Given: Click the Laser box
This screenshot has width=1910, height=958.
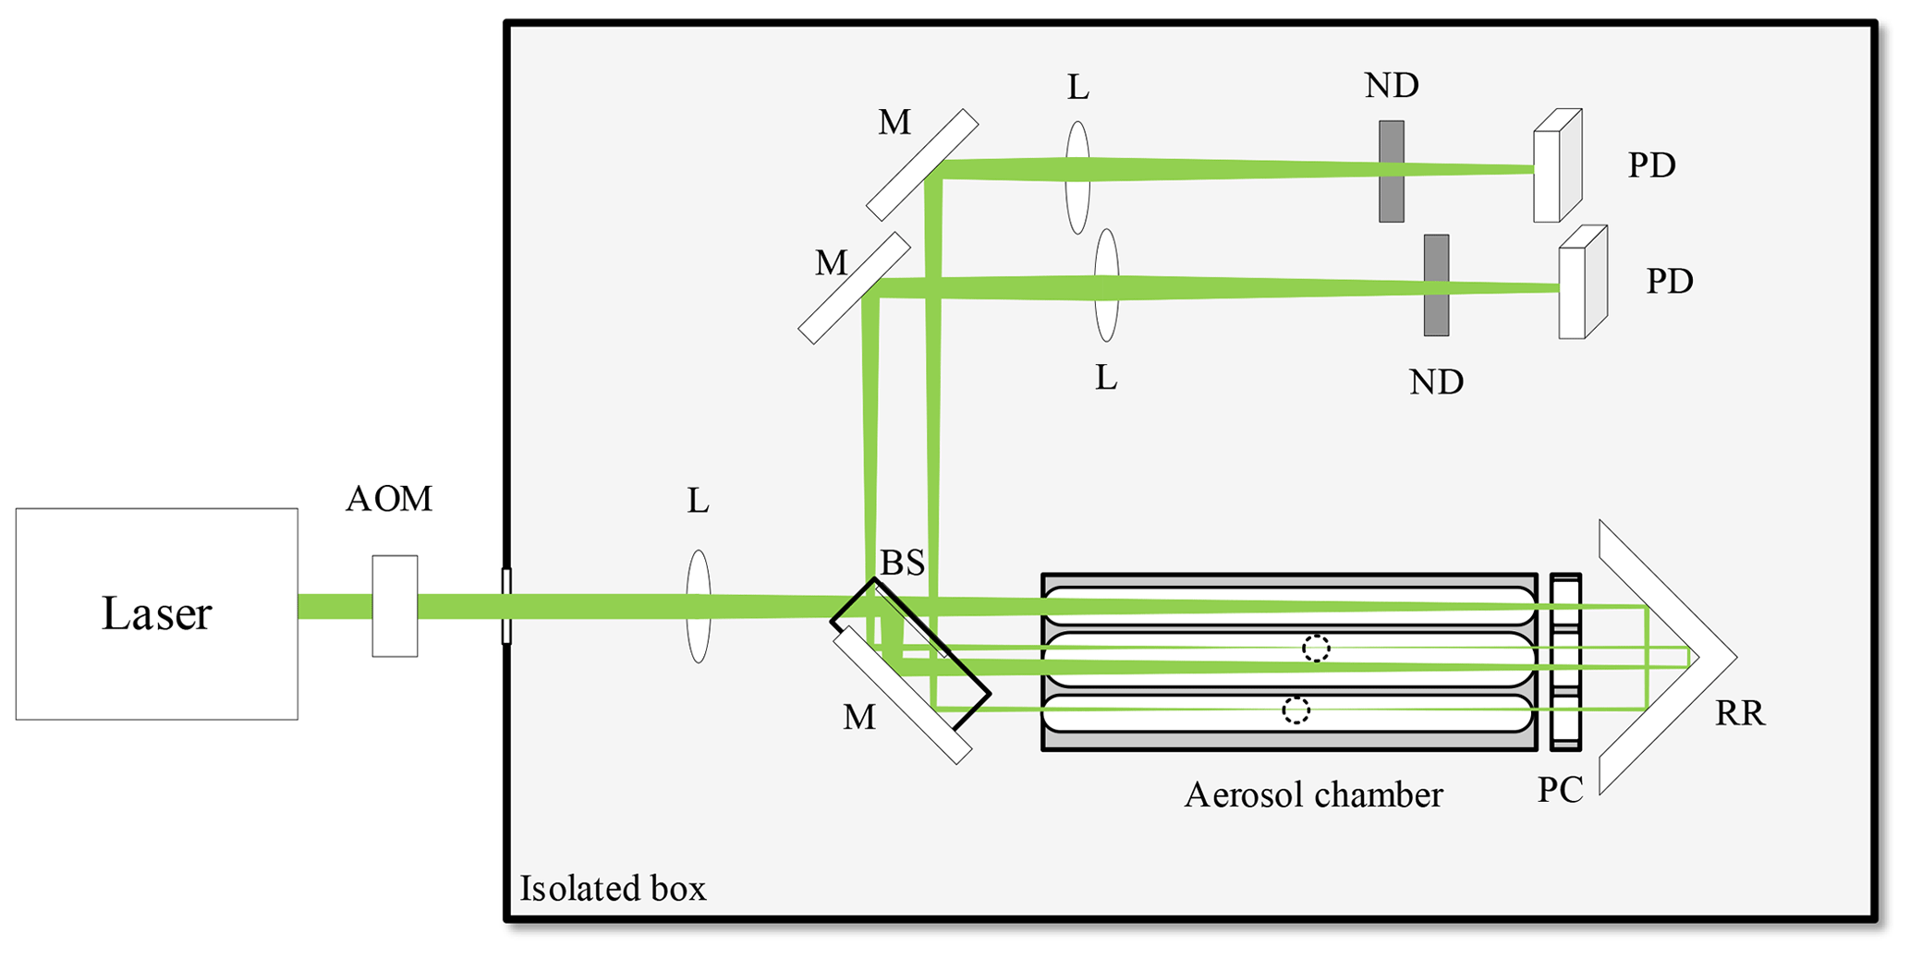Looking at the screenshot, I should [156, 613].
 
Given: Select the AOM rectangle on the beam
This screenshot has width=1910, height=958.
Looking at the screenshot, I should [395, 606].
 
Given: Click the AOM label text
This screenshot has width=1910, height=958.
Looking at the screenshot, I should [388, 499].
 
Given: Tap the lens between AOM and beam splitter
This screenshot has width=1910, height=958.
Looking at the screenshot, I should [699, 606].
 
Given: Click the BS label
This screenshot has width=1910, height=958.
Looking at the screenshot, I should [902, 563].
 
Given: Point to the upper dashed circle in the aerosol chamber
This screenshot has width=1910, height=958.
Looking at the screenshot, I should [1316, 649].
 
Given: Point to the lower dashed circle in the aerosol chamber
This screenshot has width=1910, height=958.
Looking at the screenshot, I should [1296, 709].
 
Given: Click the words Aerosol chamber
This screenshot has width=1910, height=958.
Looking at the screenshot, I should [1313, 794].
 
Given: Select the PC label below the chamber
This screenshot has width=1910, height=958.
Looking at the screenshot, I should [1560, 790].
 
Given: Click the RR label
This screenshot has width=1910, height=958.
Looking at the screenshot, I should [1740, 713].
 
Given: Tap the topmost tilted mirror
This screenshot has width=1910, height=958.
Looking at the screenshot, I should [922, 165].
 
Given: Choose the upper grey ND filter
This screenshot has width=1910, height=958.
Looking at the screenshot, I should [1392, 171].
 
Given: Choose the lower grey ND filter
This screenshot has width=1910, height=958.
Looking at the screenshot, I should [1436, 285].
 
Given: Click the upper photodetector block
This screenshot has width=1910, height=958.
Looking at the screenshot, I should [1557, 167].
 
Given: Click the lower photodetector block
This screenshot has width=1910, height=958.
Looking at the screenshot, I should [1582, 284].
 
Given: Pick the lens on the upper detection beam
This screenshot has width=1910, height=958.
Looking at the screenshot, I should [1077, 177].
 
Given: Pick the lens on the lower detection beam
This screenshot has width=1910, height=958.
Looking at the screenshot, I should [1106, 285].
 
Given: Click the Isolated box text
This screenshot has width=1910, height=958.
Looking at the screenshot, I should [613, 889].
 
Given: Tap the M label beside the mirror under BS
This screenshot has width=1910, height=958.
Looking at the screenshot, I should [858, 717].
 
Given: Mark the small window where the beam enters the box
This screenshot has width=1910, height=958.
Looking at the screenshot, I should [505, 606].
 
